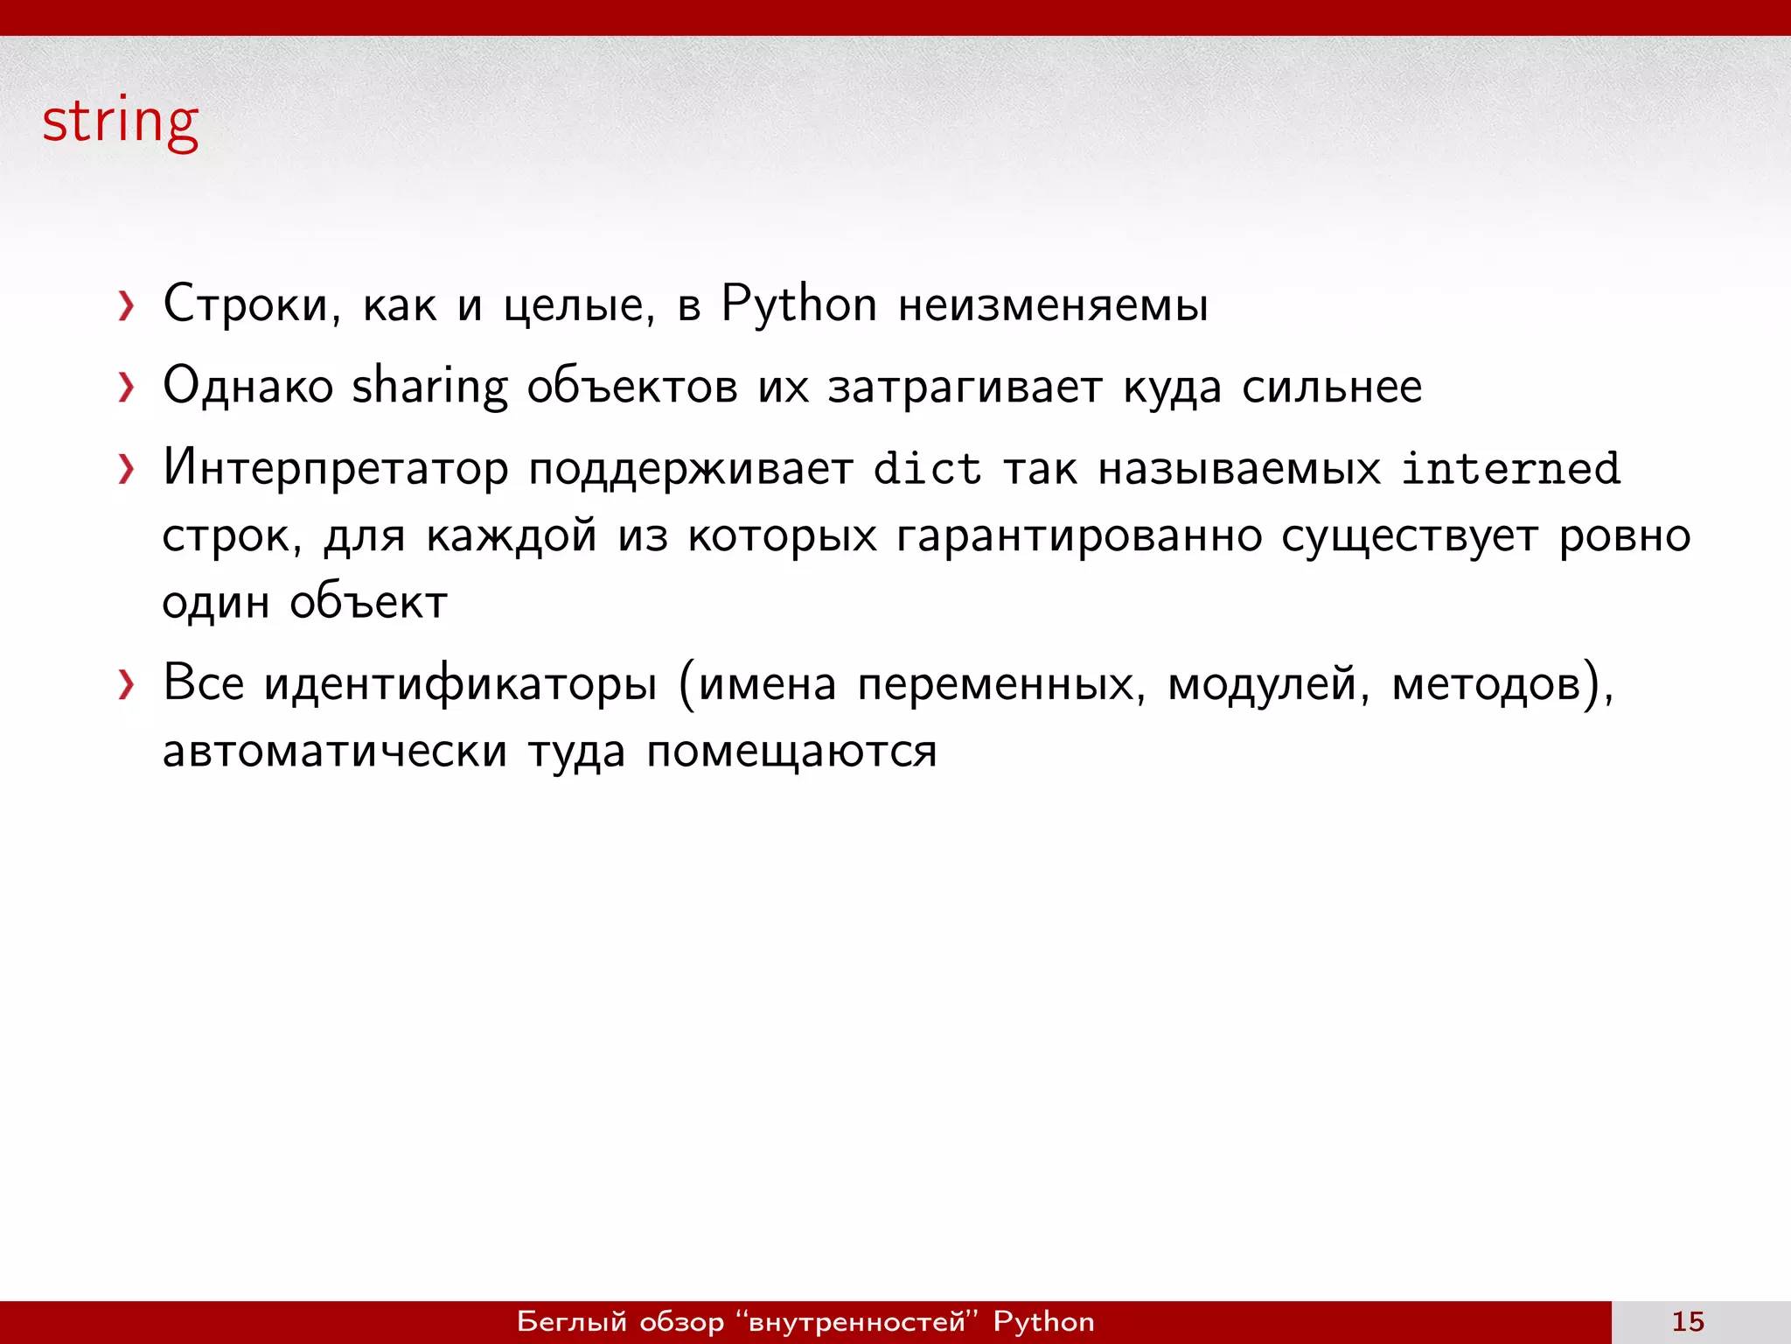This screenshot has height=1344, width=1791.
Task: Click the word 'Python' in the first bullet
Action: pyautogui.click(x=798, y=304)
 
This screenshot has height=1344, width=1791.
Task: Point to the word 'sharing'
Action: pyautogui.click(x=429, y=386)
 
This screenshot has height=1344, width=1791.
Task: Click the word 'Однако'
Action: pyautogui.click(x=248, y=386)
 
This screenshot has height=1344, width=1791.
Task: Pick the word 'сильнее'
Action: pyautogui.click(x=1332, y=386)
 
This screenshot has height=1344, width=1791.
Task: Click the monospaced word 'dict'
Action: pyautogui.click(x=927, y=468)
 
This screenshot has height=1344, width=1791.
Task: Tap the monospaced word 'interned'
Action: pyautogui.click(x=1510, y=468)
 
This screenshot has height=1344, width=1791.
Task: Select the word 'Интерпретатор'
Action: pyautogui.click(x=336, y=468)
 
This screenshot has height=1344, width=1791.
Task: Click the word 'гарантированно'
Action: pyautogui.click(x=1079, y=535)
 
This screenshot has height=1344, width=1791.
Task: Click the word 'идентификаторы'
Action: pyautogui.click(x=460, y=683)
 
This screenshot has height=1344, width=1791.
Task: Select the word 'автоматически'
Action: pyautogui.click(x=335, y=751)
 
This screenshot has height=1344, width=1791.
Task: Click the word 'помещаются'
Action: pyautogui.click(x=791, y=751)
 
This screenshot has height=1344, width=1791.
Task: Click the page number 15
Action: pyautogui.click(x=1688, y=1321)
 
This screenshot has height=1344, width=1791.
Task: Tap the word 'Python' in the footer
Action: pyautogui.click(x=1043, y=1321)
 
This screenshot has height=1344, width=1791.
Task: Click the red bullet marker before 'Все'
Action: pyautogui.click(x=127, y=685)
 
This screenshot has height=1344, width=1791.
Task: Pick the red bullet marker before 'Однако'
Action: pyautogui.click(x=127, y=387)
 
